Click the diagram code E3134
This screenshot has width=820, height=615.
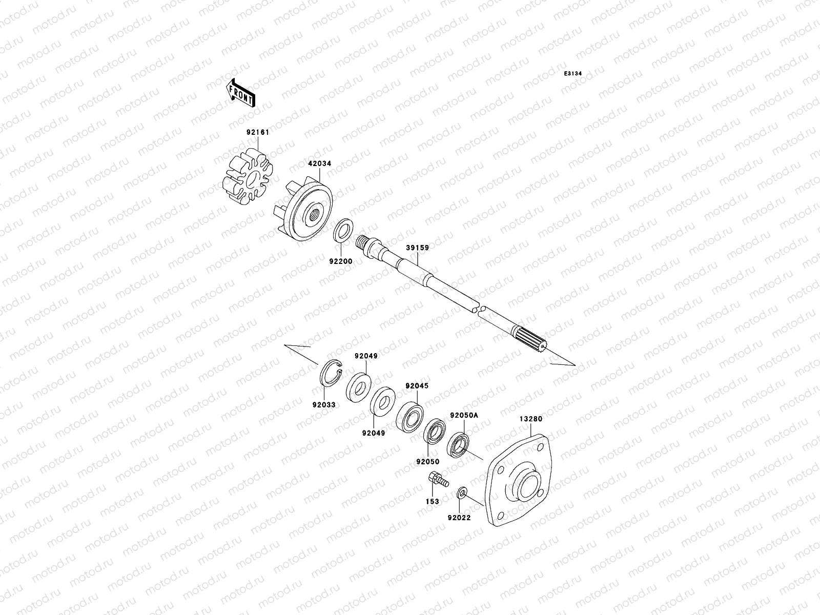click(x=573, y=74)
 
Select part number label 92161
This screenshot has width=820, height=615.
click(x=257, y=132)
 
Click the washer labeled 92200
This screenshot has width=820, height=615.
click(x=343, y=230)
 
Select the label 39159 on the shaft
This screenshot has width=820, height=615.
click(x=417, y=248)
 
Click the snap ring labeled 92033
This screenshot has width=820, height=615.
click(x=332, y=378)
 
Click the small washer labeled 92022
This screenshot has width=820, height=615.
click(x=461, y=494)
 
